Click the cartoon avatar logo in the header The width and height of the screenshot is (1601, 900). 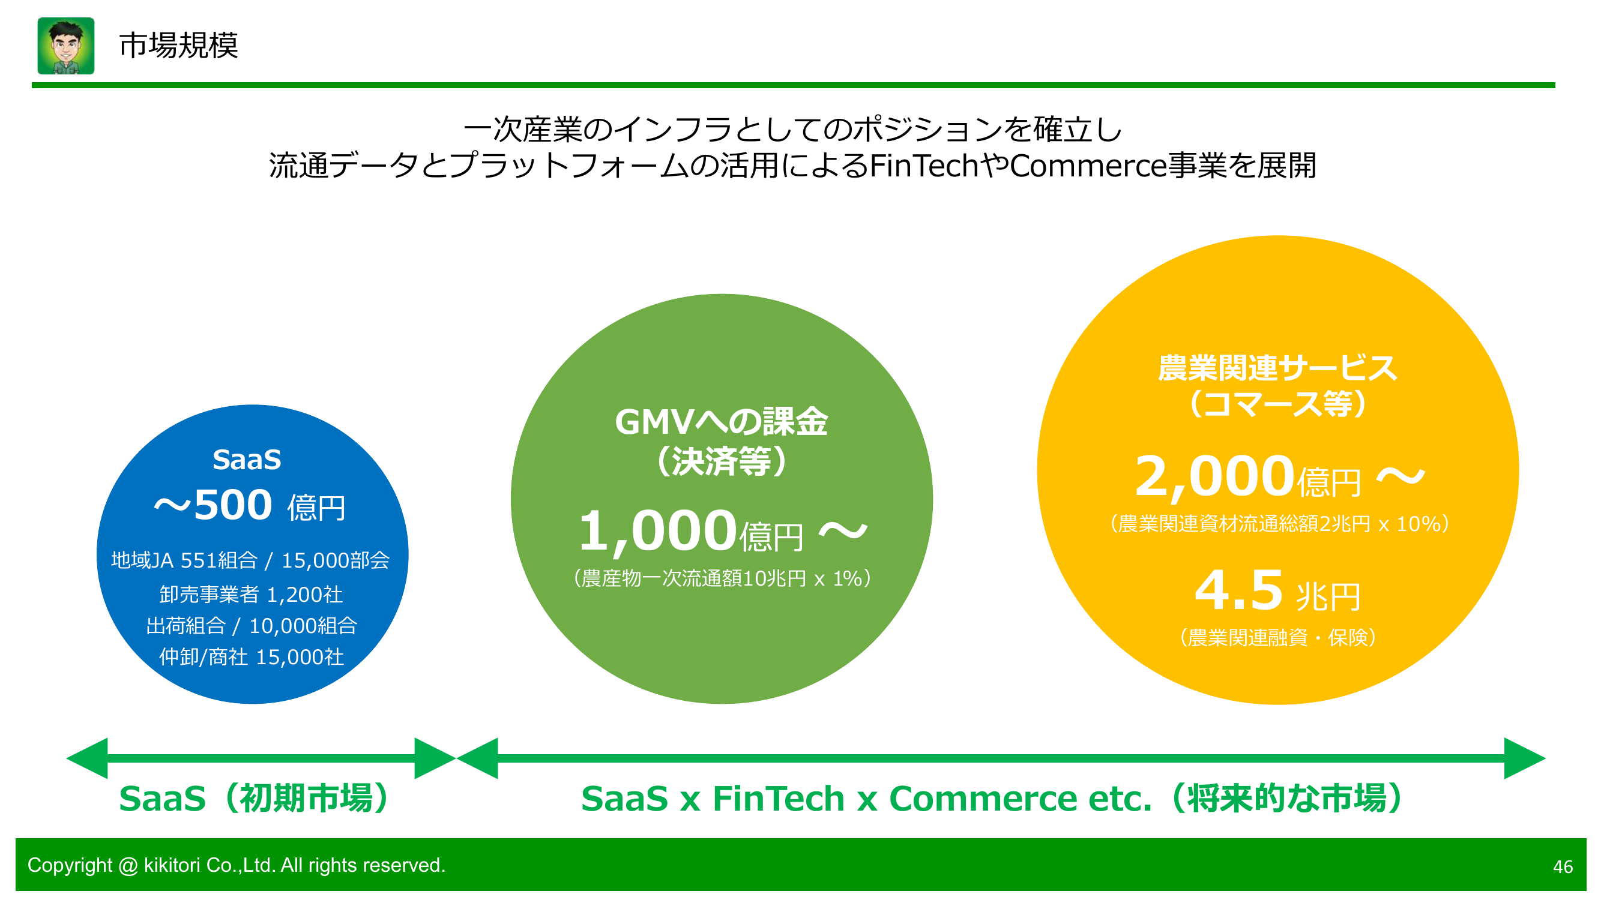coord(66,46)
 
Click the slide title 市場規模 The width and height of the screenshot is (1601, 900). coord(178,46)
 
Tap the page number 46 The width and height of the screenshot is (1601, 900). coord(1563,866)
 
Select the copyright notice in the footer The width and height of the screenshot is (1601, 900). coord(236,865)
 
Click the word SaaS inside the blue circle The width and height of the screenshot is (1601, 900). coord(247,460)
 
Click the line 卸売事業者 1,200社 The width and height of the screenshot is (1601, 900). coord(251,595)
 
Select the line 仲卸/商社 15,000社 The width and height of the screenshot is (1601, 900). coord(251,656)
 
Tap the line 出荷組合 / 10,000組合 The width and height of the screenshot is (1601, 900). coord(251,625)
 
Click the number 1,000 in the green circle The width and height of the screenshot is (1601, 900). coord(657,531)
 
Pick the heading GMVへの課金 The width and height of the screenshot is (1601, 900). coord(721,422)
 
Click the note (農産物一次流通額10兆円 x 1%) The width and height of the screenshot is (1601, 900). coord(722,578)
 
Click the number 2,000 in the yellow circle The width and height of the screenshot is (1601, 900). coord(1214,476)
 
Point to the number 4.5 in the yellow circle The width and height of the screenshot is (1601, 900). coord(1238,590)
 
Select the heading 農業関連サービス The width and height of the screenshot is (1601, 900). coord(1277,368)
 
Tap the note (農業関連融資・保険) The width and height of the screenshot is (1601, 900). coord(1277,637)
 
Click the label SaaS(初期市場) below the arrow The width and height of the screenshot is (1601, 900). coord(255,798)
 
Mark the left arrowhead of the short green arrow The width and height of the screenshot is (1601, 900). coord(87,758)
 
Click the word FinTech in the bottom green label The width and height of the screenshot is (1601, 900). coord(778,798)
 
